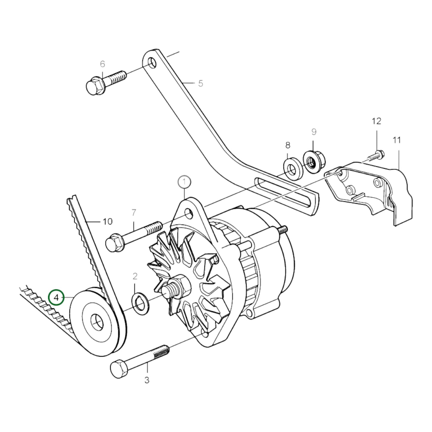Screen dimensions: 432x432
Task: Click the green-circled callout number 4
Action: [x=56, y=297]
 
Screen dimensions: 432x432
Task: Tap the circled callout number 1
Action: [x=184, y=182]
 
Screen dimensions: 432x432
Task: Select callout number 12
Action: [x=376, y=121]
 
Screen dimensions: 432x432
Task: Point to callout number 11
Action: [x=396, y=140]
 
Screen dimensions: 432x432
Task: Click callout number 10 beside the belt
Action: [x=107, y=222]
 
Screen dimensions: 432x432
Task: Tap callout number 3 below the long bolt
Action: [x=146, y=380]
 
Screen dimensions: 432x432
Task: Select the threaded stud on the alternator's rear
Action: [x=283, y=230]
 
